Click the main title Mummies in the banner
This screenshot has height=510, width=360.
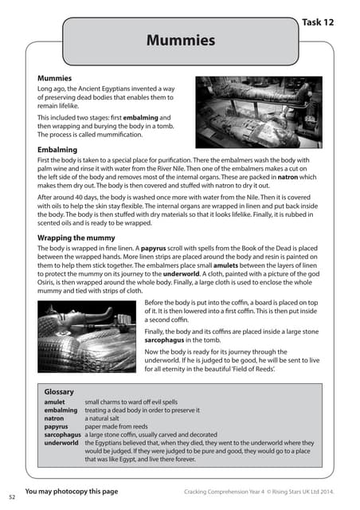coord(180,39)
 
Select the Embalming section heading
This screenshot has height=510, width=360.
coord(57,149)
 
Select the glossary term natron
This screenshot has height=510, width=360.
coord(54,418)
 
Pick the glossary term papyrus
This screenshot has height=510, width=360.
coord(56,426)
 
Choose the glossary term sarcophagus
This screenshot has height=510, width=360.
coord(63,433)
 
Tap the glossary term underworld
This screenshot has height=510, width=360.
coord(61,441)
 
